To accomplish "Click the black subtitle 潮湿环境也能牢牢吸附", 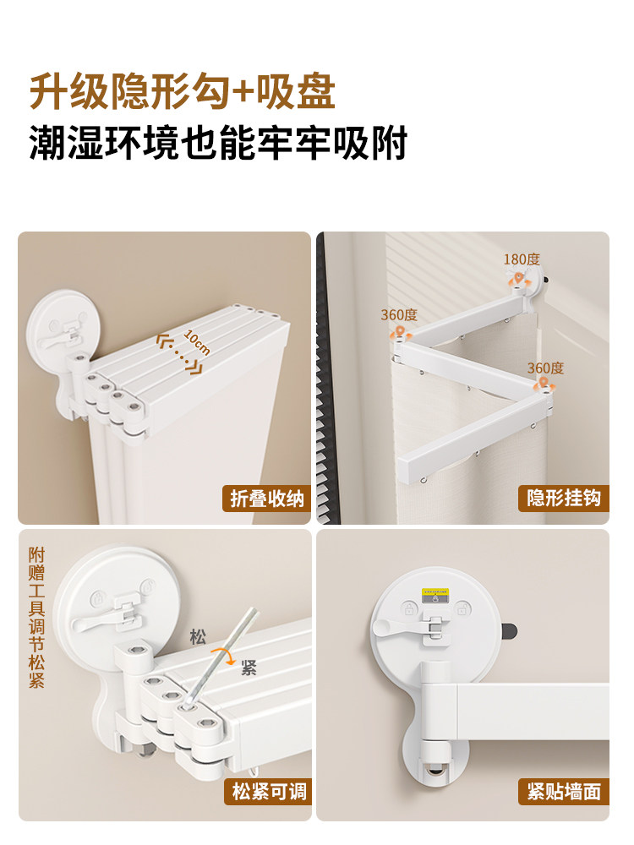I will coord(218,143).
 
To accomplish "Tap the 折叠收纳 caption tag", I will coord(266,499).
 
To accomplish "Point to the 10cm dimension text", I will coord(196,342).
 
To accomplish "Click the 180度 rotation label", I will coord(521,259).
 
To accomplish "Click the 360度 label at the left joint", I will coord(398,314).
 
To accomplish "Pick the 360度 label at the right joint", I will coord(544,368).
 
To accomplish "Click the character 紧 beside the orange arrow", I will coord(248,668).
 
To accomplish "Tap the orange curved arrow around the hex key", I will coord(224,655).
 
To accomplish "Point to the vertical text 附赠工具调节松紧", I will coord(36,617).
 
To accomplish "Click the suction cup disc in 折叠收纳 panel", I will coord(59,325).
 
